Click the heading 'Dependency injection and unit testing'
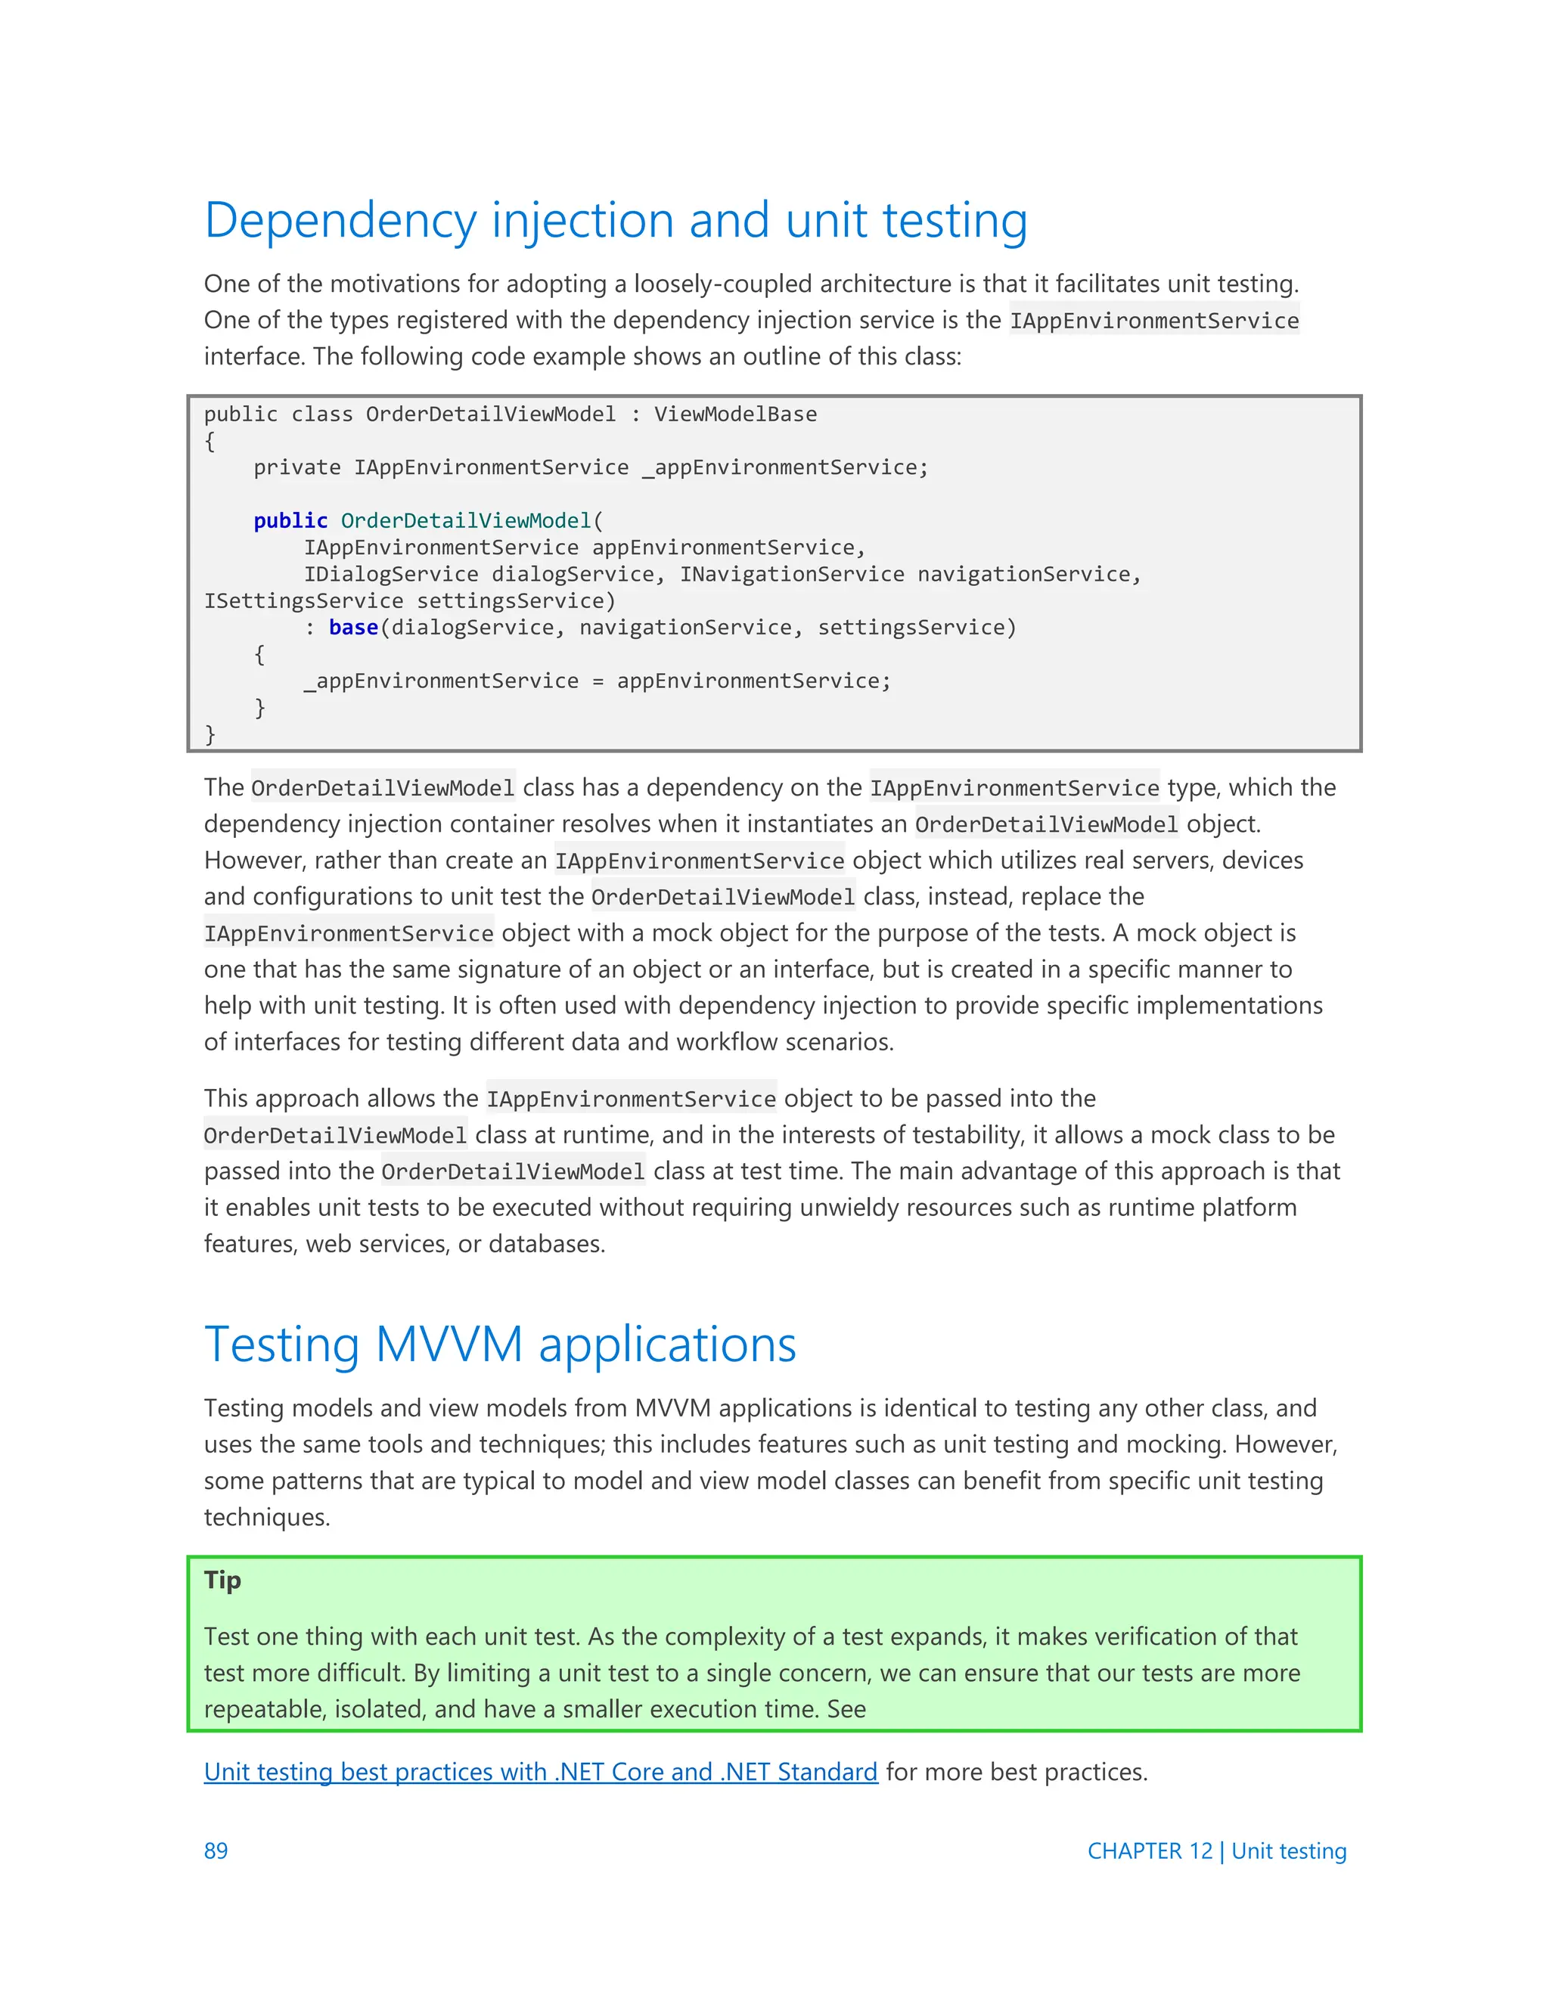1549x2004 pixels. click(615, 220)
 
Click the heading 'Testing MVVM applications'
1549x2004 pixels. click(500, 1345)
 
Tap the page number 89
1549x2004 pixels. click(216, 1850)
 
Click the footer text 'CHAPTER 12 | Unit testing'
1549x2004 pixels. click(1216, 1850)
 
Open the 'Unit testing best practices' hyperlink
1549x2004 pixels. click(541, 1772)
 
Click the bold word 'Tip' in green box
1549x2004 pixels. click(222, 1580)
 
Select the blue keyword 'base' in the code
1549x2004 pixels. click(353, 628)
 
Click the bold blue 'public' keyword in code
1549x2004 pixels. click(290, 520)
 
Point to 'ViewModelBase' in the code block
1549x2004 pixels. click(735, 414)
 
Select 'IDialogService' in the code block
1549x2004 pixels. click(391, 575)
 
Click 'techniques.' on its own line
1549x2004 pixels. click(266, 1518)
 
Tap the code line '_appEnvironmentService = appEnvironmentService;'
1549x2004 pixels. click(598, 681)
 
